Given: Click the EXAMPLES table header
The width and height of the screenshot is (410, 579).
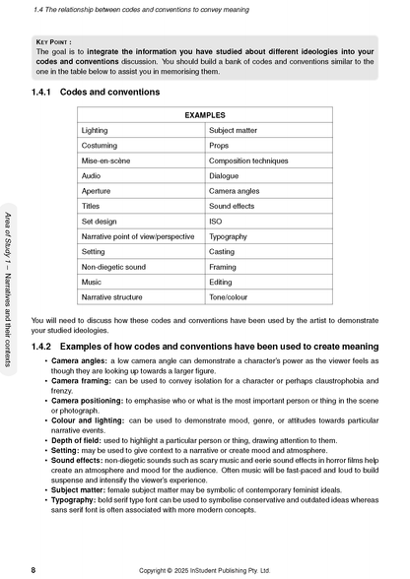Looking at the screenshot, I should coord(205,115).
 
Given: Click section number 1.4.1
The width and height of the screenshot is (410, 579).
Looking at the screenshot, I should coord(44,92).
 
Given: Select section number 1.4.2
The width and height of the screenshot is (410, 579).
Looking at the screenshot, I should coord(44,347).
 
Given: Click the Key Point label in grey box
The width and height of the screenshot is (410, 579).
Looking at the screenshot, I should coord(59,43).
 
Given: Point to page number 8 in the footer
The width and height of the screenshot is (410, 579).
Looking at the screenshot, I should coord(34,569).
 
